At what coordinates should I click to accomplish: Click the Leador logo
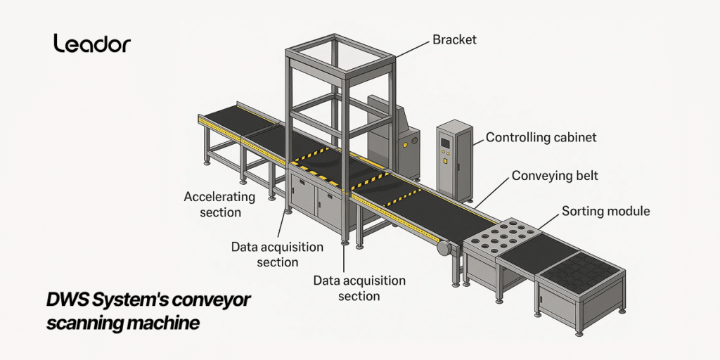click(92, 44)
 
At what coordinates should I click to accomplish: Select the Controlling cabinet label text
click(541, 138)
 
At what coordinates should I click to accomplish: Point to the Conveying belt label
click(555, 175)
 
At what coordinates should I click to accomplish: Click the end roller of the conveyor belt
click(443, 248)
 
